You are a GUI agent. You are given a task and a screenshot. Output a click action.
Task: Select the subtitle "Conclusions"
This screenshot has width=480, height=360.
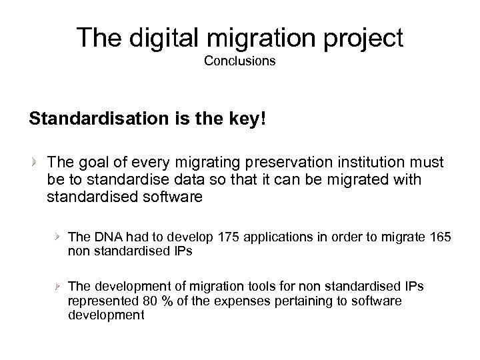click(240, 63)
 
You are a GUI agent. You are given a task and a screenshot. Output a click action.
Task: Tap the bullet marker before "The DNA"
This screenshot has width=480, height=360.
click(59, 236)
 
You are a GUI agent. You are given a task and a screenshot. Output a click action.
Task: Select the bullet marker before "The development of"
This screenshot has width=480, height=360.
click(59, 286)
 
